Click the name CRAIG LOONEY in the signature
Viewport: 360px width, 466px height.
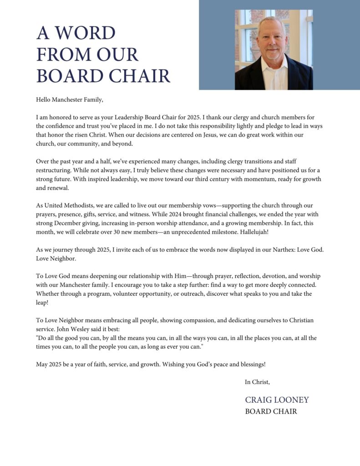coord(277,400)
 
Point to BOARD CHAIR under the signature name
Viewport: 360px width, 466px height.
coord(271,411)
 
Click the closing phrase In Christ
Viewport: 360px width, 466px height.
coord(257,382)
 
